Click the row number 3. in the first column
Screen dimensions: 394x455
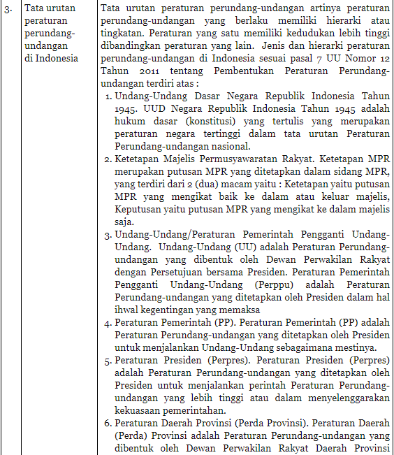[7, 8]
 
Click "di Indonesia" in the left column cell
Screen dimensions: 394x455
[51, 58]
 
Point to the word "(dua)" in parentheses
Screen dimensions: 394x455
[204, 185]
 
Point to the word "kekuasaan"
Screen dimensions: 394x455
[139, 411]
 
